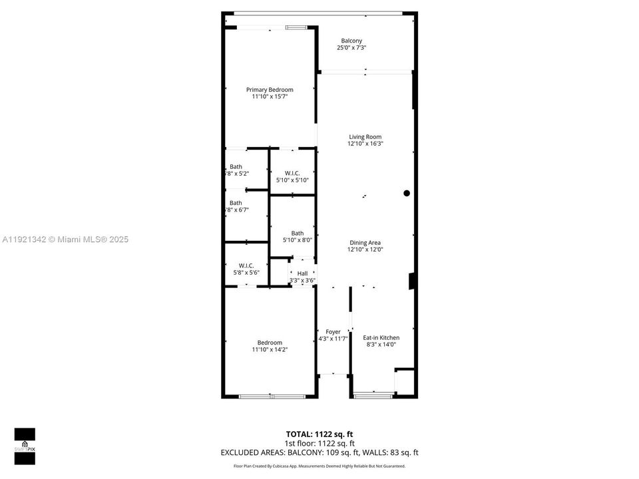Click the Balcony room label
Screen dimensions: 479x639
pos(351,41)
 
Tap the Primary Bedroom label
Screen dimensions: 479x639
pos(270,90)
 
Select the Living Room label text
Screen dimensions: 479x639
pos(365,137)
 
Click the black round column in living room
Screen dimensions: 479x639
pos(407,194)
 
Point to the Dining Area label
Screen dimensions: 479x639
pos(365,243)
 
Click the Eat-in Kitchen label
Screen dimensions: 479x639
pos(381,338)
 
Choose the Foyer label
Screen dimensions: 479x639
pos(333,331)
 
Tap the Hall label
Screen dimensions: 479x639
pos(302,273)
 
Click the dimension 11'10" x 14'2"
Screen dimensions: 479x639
pos(270,349)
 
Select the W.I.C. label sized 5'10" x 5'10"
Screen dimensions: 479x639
pos(292,174)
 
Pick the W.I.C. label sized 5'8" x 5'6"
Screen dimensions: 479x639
pos(246,265)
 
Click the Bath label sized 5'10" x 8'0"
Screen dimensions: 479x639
pos(297,233)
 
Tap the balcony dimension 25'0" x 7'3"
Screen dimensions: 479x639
pos(351,48)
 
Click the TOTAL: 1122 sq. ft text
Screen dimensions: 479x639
pos(319,434)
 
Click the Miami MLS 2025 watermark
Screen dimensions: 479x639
pos(65,239)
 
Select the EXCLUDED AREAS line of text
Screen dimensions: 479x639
pos(319,453)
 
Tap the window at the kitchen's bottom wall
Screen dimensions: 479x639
pos(373,396)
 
